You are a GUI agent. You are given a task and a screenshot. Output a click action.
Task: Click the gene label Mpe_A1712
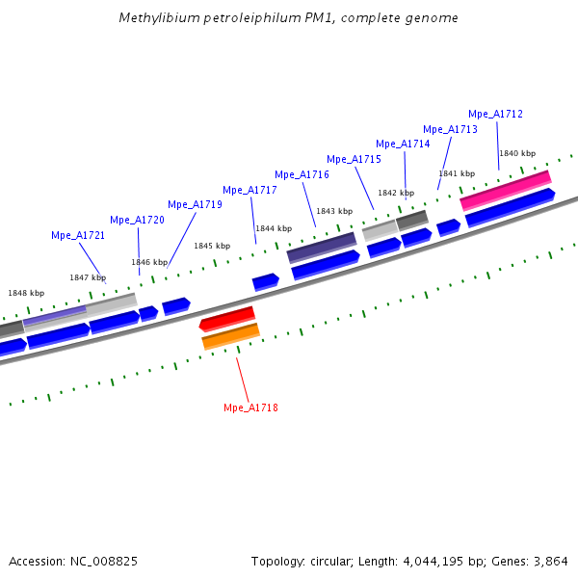click(x=495, y=114)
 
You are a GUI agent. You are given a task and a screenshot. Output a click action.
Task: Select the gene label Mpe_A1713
click(x=450, y=129)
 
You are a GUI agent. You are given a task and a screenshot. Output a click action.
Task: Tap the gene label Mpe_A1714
click(x=403, y=144)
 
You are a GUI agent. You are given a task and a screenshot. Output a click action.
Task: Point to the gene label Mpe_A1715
click(x=354, y=160)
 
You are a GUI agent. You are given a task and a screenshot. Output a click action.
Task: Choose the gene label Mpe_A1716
click(x=302, y=174)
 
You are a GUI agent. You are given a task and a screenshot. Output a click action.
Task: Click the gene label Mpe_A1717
click(x=250, y=190)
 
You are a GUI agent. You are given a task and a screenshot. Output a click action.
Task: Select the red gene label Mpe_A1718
click(x=250, y=408)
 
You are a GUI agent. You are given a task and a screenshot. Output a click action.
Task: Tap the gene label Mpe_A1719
click(x=195, y=204)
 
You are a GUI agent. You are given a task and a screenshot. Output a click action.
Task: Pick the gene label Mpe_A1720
click(x=137, y=220)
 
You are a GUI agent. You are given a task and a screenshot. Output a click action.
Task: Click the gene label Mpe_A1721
click(x=78, y=235)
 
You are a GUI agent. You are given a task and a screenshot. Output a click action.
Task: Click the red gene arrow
click(x=227, y=318)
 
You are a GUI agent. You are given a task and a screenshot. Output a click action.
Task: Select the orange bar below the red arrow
click(x=230, y=337)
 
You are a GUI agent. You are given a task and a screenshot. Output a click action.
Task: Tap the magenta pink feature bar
click(x=505, y=190)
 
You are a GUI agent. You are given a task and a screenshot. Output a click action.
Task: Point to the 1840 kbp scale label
click(x=516, y=154)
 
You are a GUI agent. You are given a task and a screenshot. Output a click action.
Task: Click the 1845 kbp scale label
click(x=212, y=246)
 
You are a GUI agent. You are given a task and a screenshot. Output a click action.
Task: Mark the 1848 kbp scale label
click(x=26, y=293)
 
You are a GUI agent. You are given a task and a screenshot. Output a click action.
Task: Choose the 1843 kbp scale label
click(x=334, y=211)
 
